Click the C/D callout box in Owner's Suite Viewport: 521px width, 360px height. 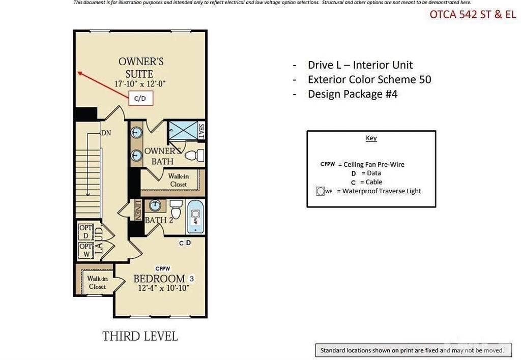[140, 98]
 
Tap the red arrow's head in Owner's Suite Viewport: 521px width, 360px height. [79, 73]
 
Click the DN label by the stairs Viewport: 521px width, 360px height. [106, 133]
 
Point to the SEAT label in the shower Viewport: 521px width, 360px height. [201, 131]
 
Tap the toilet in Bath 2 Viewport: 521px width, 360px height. [176, 208]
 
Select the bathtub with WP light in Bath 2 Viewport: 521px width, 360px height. [195, 217]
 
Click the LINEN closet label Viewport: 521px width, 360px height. [138, 209]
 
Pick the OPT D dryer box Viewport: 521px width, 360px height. [85, 232]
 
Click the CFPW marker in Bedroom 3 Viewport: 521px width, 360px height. [162, 268]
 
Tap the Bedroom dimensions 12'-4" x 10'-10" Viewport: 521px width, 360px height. [163, 288]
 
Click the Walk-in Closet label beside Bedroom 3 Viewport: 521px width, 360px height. [97, 282]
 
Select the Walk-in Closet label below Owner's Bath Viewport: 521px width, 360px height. [178, 180]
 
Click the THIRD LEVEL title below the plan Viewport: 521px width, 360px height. [140, 336]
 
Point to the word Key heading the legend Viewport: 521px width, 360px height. [371, 138]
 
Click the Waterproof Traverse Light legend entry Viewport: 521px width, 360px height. [370, 191]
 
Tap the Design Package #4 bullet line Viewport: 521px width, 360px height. [352, 94]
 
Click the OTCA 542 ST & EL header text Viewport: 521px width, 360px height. [473, 14]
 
